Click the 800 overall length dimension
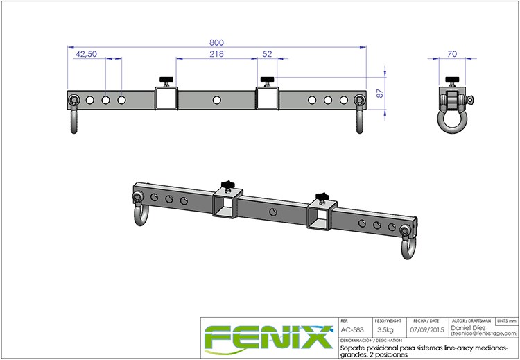217,42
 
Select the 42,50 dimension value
85,54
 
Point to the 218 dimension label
217,54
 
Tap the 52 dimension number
268,54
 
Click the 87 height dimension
378,93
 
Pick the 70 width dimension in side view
453,54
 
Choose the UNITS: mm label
506,322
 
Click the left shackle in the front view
73,114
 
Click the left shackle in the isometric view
139,211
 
